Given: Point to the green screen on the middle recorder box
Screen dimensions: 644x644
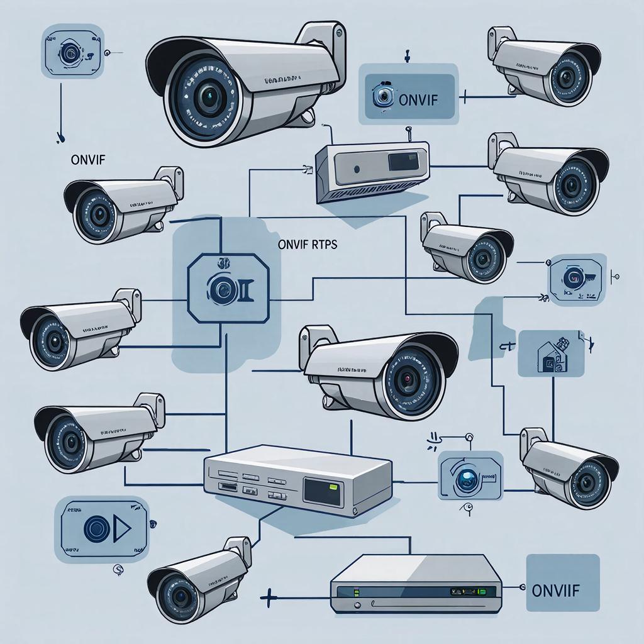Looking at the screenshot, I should point(321,489).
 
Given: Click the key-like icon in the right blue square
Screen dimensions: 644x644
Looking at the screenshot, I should point(577,277).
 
